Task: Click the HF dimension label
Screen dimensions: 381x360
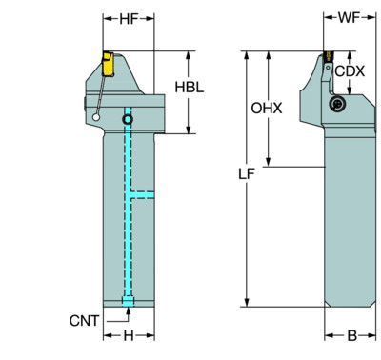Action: pyautogui.click(x=129, y=19)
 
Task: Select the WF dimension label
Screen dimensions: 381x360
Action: pyautogui.click(x=349, y=18)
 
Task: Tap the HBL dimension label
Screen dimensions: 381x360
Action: pyautogui.click(x=190, y=87)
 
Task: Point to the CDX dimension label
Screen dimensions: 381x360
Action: pyautogui.click(x=350, y=71)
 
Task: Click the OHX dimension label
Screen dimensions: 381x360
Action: pyautogui.click(x=267, y=109)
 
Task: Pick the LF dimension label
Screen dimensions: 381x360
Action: pyautogui.click(x=247, y=174)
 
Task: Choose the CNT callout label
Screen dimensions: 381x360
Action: pyautogui.click(x=84, y=321)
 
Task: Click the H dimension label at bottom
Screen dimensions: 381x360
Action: pyautogui.click(x=129, y=335)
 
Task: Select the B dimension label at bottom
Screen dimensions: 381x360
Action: pyautogui.click(x=351, y=335)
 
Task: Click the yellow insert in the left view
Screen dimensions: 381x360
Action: pyautogui.click(x=108, y=64)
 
